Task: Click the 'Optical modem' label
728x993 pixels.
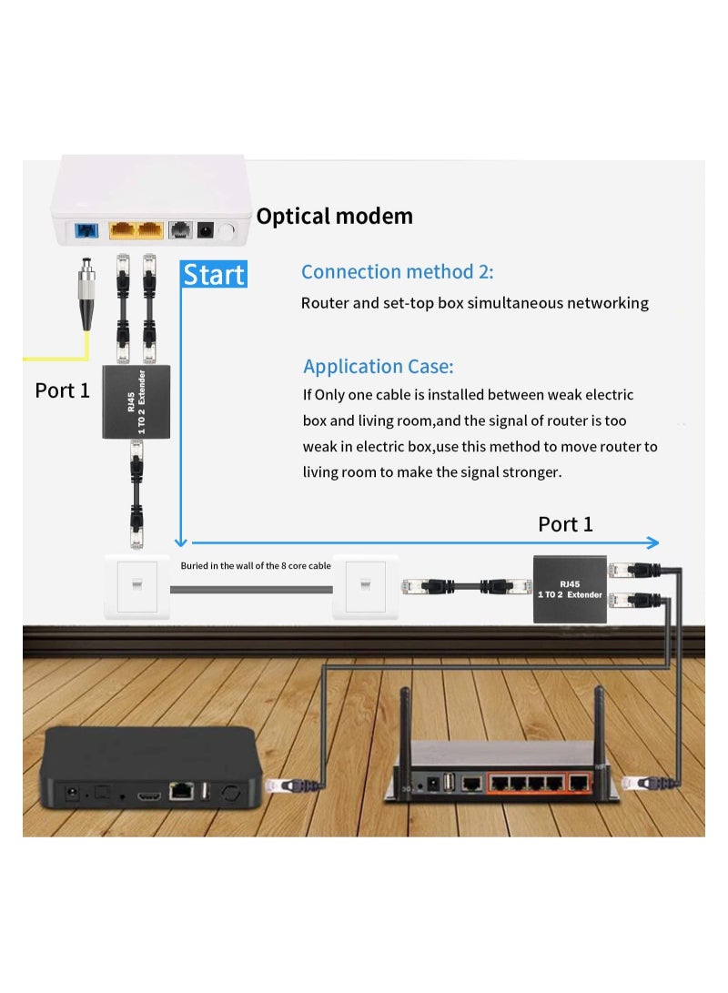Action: coord(334,217)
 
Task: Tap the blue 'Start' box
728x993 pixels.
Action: coord(214,274)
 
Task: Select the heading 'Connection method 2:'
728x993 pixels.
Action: coord(397,272)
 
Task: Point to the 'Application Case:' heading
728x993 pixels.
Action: coord(378,367)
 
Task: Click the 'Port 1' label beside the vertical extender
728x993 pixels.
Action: coord(62,390)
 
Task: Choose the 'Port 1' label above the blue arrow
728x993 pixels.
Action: coord(565,524)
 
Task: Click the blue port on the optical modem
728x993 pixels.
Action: coord(88,231)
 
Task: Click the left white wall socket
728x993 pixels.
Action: coord(136,586)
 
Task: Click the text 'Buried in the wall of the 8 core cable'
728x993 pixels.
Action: coord(255,566)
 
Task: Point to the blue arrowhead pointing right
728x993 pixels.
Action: coord(652,543)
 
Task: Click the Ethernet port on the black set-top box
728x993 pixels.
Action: coord(182,792)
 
